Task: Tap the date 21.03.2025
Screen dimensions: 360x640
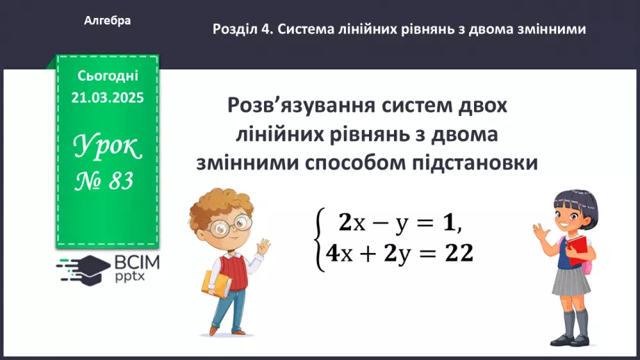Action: pos(107,98)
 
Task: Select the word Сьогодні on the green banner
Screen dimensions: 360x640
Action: pos(108,76)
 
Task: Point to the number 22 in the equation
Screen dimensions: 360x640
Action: pos(459,255)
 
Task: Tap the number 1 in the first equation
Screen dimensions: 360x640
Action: pos(451,222)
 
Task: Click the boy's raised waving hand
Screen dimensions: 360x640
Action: pos(262,247)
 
